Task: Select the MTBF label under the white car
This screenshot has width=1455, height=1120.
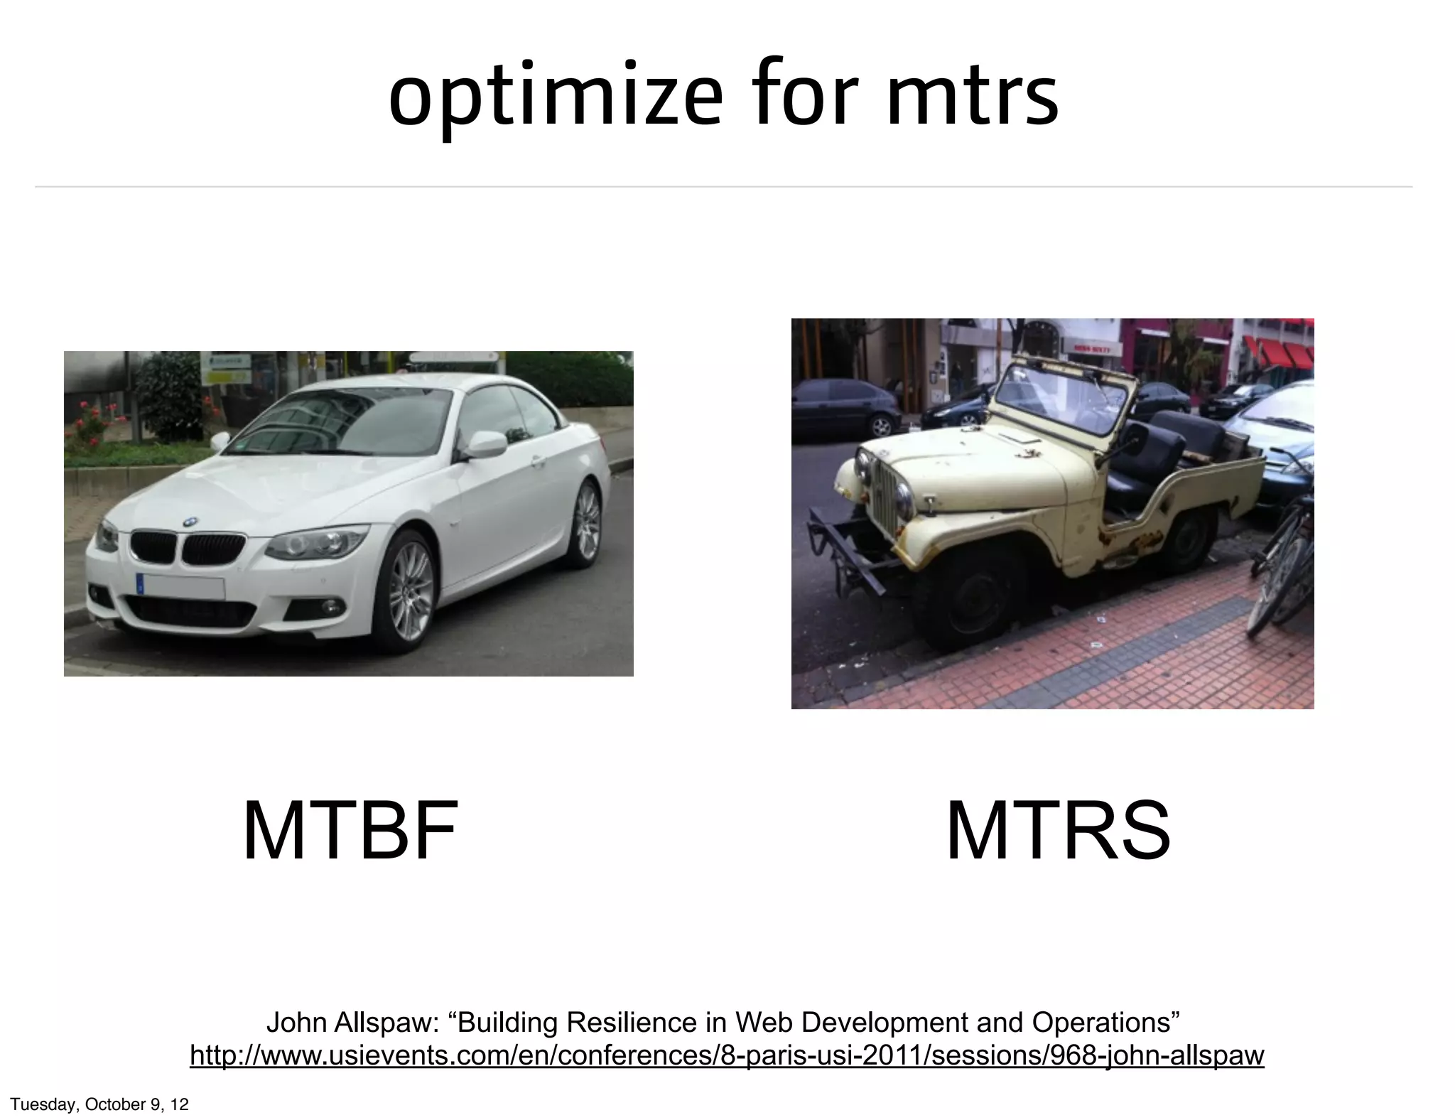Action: [x=350, y=831]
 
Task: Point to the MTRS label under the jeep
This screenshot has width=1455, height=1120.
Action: [x=1058, y=831]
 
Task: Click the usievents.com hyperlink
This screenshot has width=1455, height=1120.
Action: [x=727, y=1055]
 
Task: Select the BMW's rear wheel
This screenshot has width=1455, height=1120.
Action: [x=585, y=522]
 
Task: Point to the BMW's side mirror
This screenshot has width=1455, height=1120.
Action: [x=487, y=444]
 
